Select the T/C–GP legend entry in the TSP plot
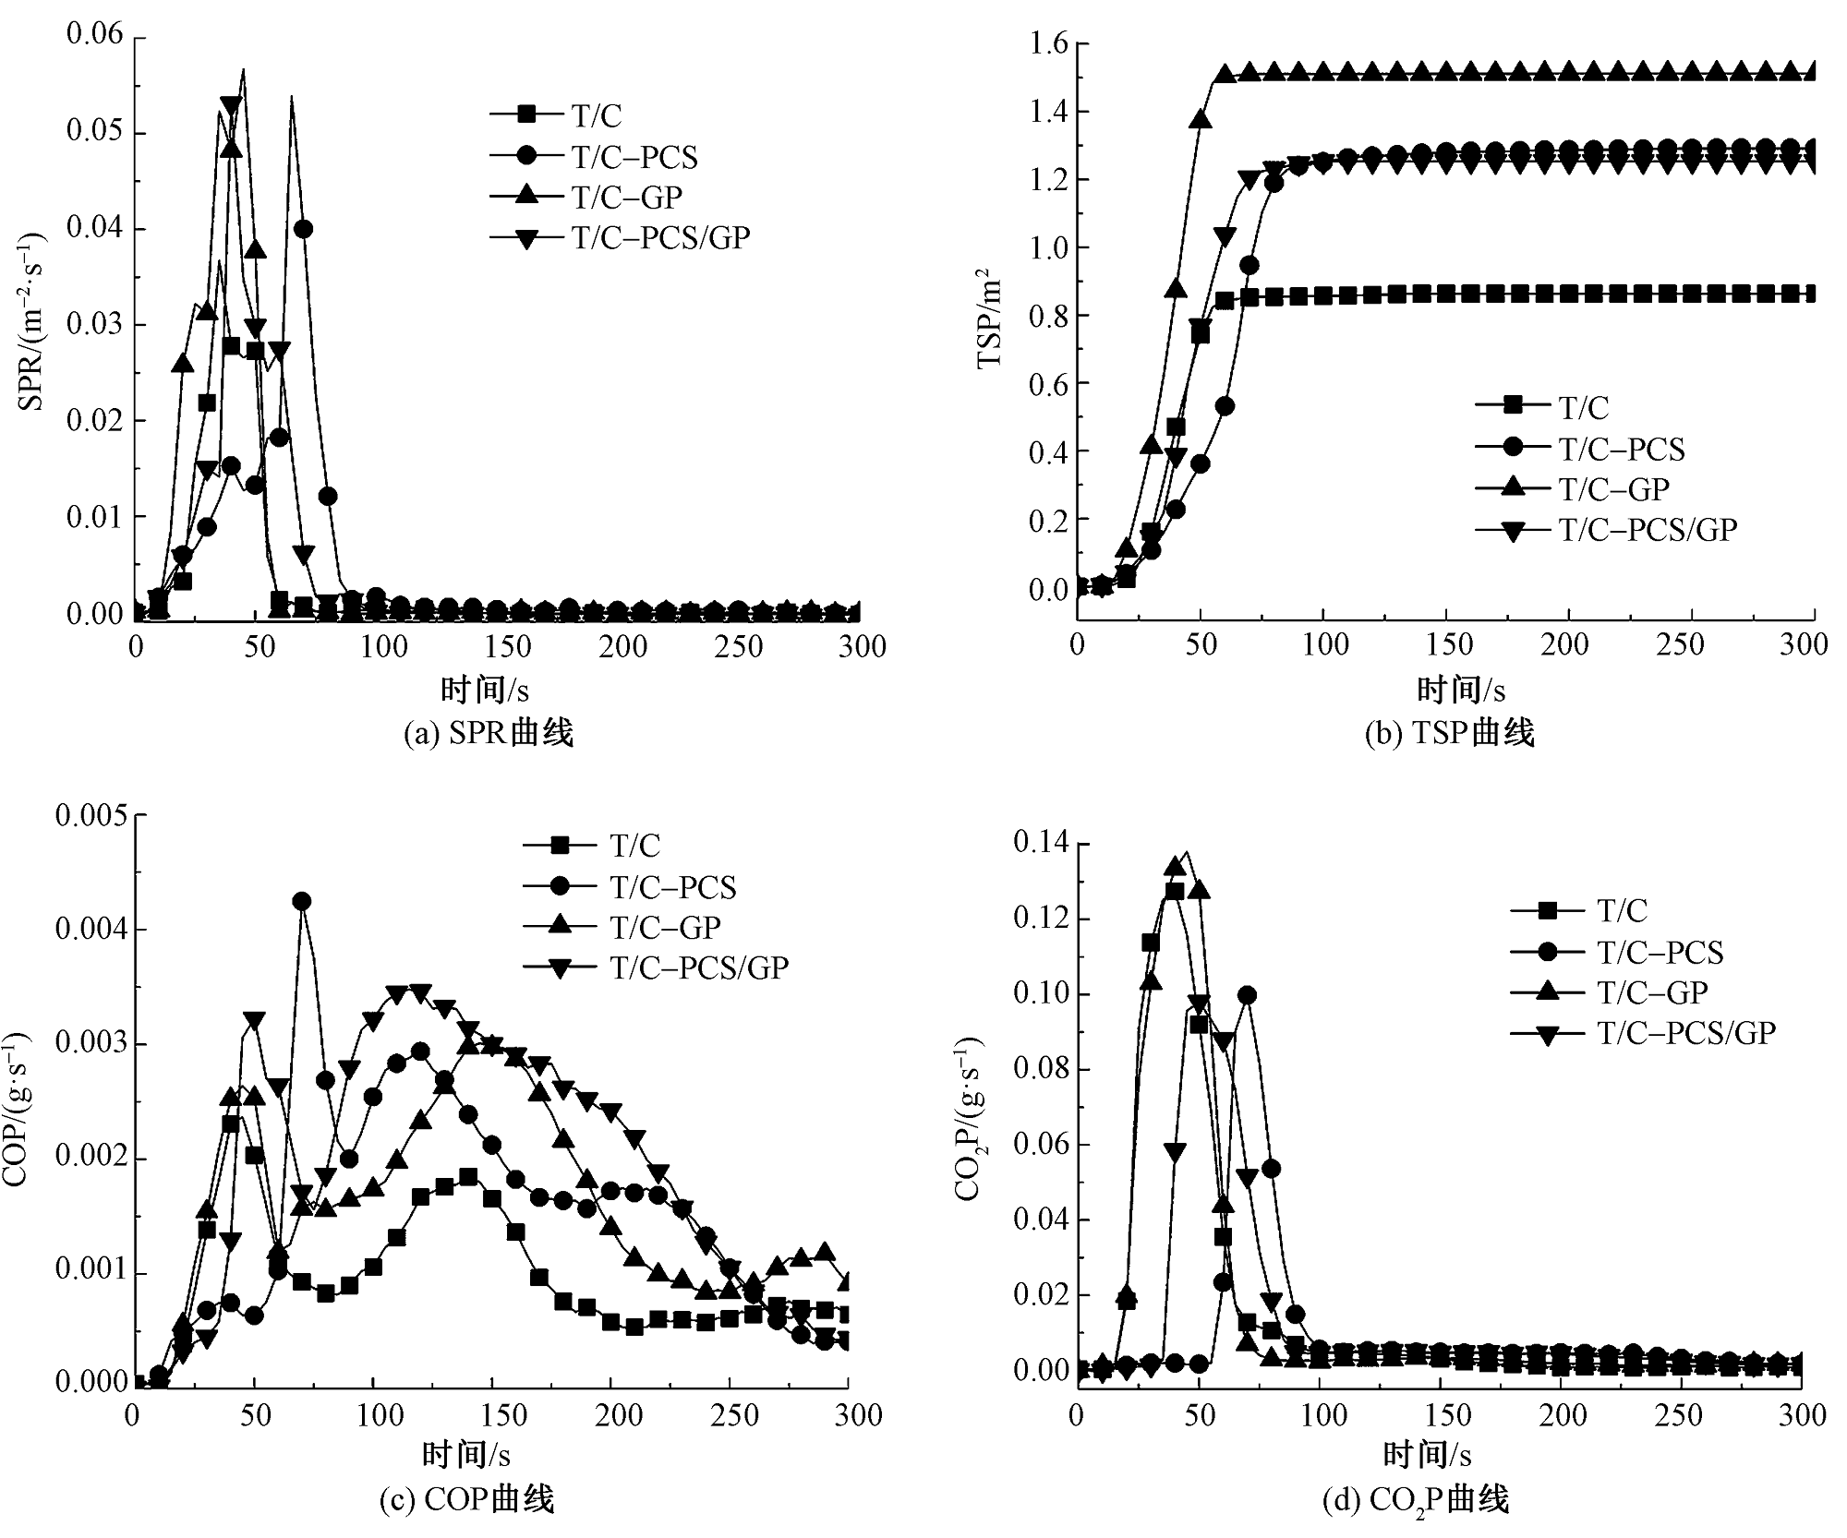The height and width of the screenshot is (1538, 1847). pos(1614,488)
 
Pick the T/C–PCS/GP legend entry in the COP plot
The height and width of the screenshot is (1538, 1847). pos(698,967)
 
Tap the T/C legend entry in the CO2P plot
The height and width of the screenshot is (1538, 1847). pos(1622,910)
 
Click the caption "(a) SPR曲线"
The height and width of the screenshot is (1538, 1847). pos(489,733)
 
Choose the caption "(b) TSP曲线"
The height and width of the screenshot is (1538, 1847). pos(1449,733)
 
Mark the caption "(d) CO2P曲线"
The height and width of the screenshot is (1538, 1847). pos(1416,1500)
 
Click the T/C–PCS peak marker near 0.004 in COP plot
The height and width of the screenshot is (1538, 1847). pos(301,901)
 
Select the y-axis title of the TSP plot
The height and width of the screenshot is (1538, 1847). pos(989,318)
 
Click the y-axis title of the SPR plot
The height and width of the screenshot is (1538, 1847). pos(31,322)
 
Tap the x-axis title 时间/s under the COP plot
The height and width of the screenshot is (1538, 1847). pos(466,1455)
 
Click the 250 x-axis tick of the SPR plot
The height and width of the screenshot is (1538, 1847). pos(740,646)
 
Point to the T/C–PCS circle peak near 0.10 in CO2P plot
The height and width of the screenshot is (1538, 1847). pos(1247,994)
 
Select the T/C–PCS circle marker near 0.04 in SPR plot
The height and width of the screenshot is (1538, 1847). pos(303,229)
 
